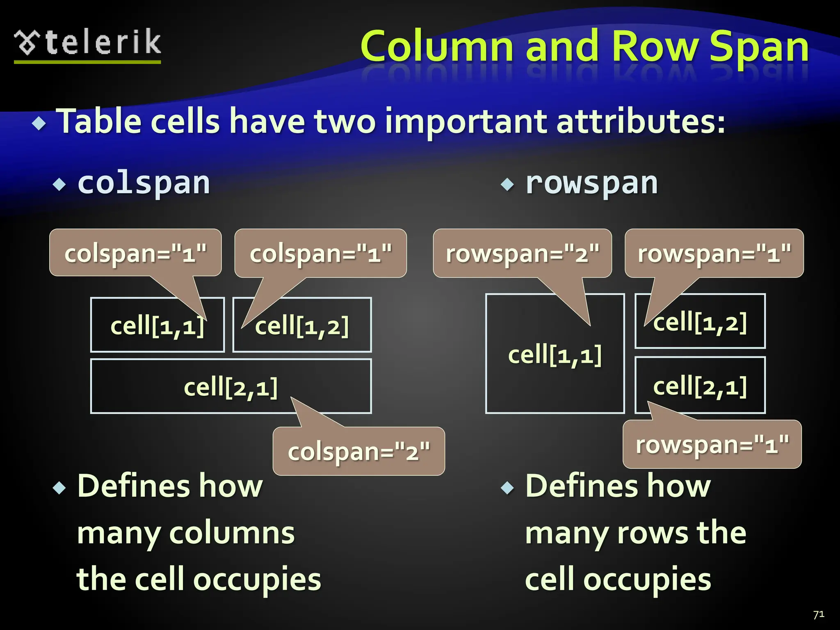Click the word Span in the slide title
coord(759,48)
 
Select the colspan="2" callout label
coord(359,452)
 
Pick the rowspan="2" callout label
coord(522,253)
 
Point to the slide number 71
coord(818,614)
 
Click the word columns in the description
coord(232,533)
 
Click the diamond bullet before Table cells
coord(39,123)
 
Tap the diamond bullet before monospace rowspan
coord(507,185)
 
